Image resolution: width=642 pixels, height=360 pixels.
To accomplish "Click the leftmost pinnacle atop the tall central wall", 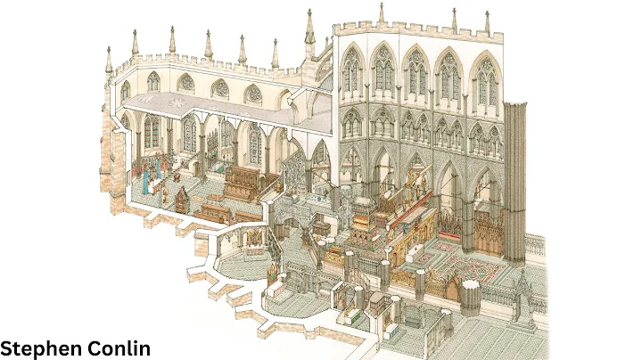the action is (381, 14).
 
